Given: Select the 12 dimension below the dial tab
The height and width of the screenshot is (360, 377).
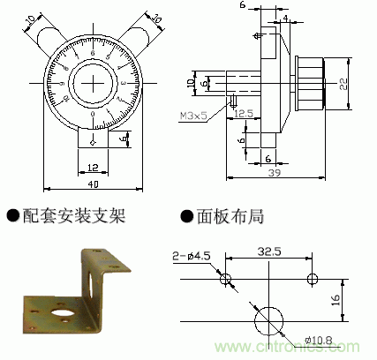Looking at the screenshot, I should (93, 164).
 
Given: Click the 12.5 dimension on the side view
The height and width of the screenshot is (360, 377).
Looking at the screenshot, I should (245, 114).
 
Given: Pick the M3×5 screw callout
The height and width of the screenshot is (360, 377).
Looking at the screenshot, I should (193, 115).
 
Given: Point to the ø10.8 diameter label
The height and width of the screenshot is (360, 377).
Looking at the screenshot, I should (317, 340).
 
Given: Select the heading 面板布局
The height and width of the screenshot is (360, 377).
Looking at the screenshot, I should (231, 215).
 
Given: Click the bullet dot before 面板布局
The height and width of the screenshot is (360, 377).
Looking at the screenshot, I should (186, 215).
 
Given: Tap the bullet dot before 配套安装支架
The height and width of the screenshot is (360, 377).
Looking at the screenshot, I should (12, 215).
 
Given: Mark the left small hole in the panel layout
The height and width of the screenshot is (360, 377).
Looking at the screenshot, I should (225, 279).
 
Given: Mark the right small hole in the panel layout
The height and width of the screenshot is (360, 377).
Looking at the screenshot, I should (312, 279).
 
